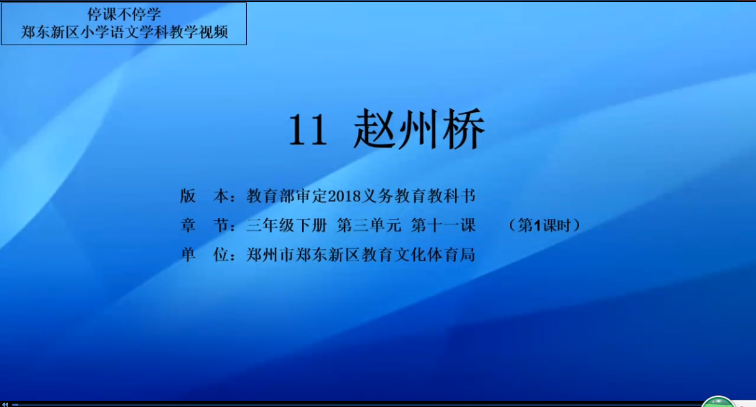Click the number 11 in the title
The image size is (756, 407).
tap(308, 130)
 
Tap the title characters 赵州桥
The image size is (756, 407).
tap(419, 128)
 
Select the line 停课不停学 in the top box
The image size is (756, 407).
tap(124, 14)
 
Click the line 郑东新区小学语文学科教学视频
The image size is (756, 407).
tap(124, 32)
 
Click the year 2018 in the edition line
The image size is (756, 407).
tap(344, 196)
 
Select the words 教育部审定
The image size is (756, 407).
tap(287, 196)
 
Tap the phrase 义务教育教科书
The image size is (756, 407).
tap(418, 196)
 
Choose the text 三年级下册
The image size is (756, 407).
tap(287, 225)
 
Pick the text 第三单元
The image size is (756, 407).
tap(369, 225)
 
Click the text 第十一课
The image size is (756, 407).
tap(443, 225)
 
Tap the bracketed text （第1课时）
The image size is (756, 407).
tap(544, 225)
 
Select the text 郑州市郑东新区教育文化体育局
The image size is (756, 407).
tap(361, 254)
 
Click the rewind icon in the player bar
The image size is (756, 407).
tap(5, 404)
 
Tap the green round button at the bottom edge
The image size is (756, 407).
tap(718, 402)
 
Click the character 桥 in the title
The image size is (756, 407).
tap(464, 128)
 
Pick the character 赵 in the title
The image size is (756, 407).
tap(375, 128)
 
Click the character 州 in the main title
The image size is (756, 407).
tap(419, 128)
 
